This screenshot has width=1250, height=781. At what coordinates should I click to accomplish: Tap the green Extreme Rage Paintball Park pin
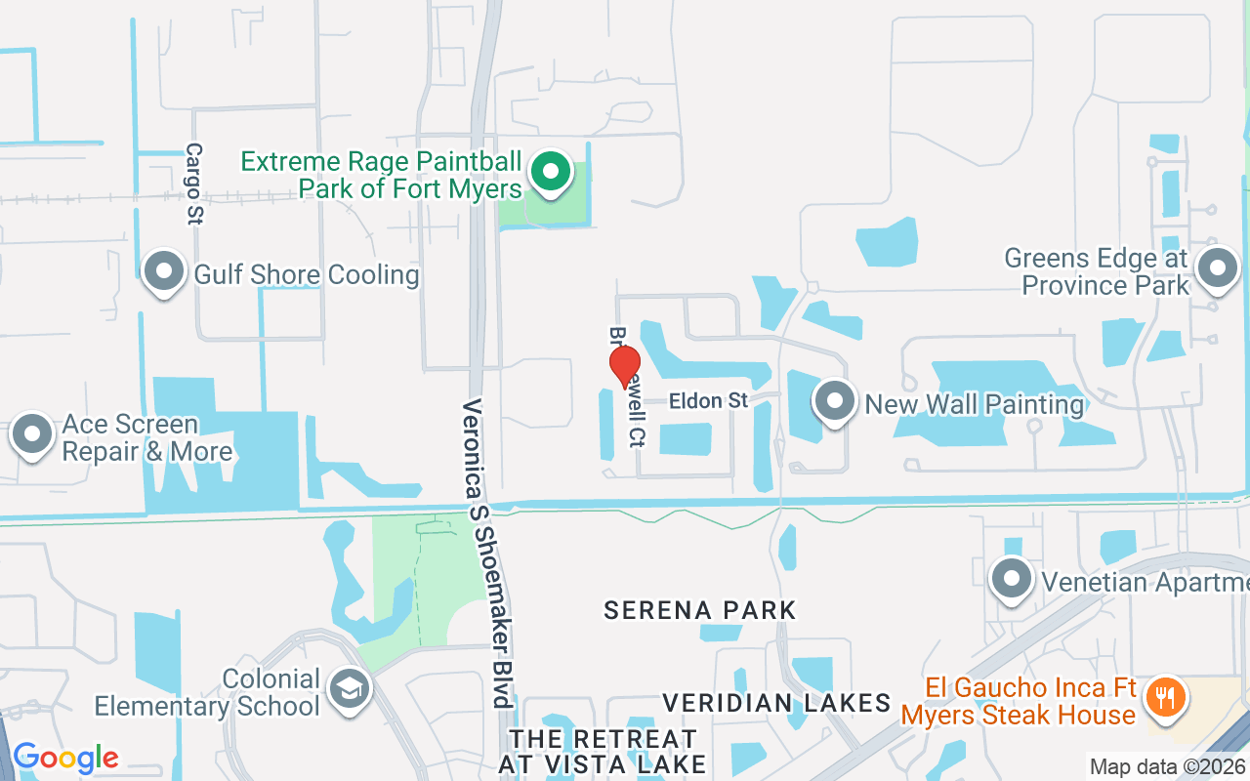tap(551, 173)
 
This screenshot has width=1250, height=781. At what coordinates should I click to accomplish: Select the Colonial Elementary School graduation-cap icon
tap(347, 689)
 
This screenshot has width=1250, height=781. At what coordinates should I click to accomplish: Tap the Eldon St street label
tap(709, 401)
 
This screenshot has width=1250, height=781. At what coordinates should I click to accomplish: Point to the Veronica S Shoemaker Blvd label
tap(487, 553)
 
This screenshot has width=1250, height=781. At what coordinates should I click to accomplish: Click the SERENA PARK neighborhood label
tap(700, 611)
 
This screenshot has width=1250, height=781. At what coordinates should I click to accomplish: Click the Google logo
tap(65, 758)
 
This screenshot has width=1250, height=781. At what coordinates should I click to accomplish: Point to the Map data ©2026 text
tap(1168, 767)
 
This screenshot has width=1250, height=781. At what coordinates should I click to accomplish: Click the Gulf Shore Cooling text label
tap(307, 274)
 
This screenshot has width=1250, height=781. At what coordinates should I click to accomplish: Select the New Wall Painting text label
tap(975, 403)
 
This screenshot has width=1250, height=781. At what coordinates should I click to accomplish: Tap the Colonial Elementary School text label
tap(207, 692)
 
